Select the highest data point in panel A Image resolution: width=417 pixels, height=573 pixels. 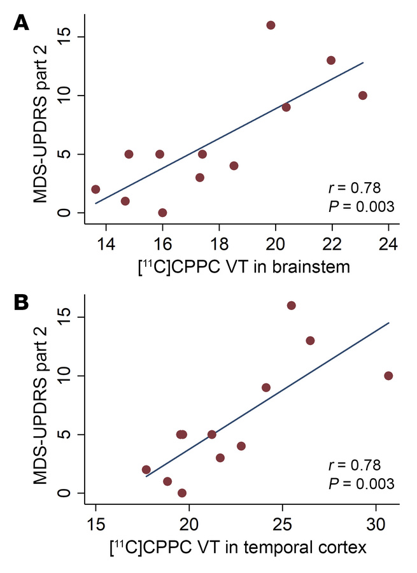tap(271, 25)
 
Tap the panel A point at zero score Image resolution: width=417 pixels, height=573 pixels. tap(162, 213)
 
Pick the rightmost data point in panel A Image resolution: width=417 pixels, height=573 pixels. tap(363, 95)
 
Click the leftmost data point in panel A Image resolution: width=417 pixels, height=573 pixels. tap(95, 189)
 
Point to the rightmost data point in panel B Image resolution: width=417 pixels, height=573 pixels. tap(388, 376)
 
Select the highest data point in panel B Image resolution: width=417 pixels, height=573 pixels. tap(292, 306)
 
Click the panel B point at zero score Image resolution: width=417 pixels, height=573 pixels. tap(182, 493)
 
